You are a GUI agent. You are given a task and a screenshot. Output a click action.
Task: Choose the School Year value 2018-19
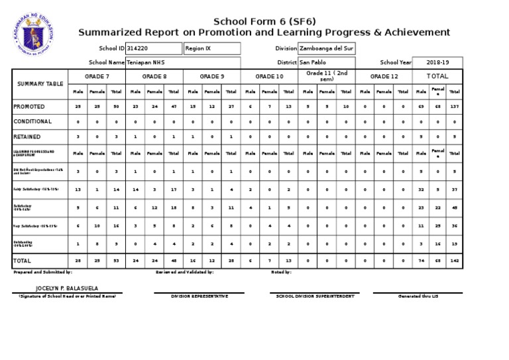point(438,62)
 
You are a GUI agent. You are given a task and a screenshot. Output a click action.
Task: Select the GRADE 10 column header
point(270,76)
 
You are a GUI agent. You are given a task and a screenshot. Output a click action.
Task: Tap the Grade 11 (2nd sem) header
point(327,76)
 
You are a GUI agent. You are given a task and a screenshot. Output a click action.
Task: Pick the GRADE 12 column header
point(384,76)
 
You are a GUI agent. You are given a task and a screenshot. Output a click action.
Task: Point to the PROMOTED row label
point(30,107)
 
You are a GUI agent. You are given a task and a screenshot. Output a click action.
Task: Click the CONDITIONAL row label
point(32,121)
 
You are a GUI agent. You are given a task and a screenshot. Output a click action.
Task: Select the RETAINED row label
point(27,137)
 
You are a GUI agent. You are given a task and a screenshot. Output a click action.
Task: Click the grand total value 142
point(455,261)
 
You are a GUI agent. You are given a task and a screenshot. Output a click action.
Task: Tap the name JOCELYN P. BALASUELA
point(66,289)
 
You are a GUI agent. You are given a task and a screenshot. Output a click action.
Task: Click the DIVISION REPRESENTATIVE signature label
point(199,296)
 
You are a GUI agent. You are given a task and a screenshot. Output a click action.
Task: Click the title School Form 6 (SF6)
point(264,21)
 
